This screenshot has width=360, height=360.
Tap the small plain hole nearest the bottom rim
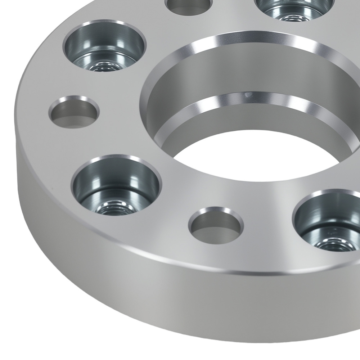point(216,224)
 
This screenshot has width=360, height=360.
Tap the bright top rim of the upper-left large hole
point(104,24)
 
